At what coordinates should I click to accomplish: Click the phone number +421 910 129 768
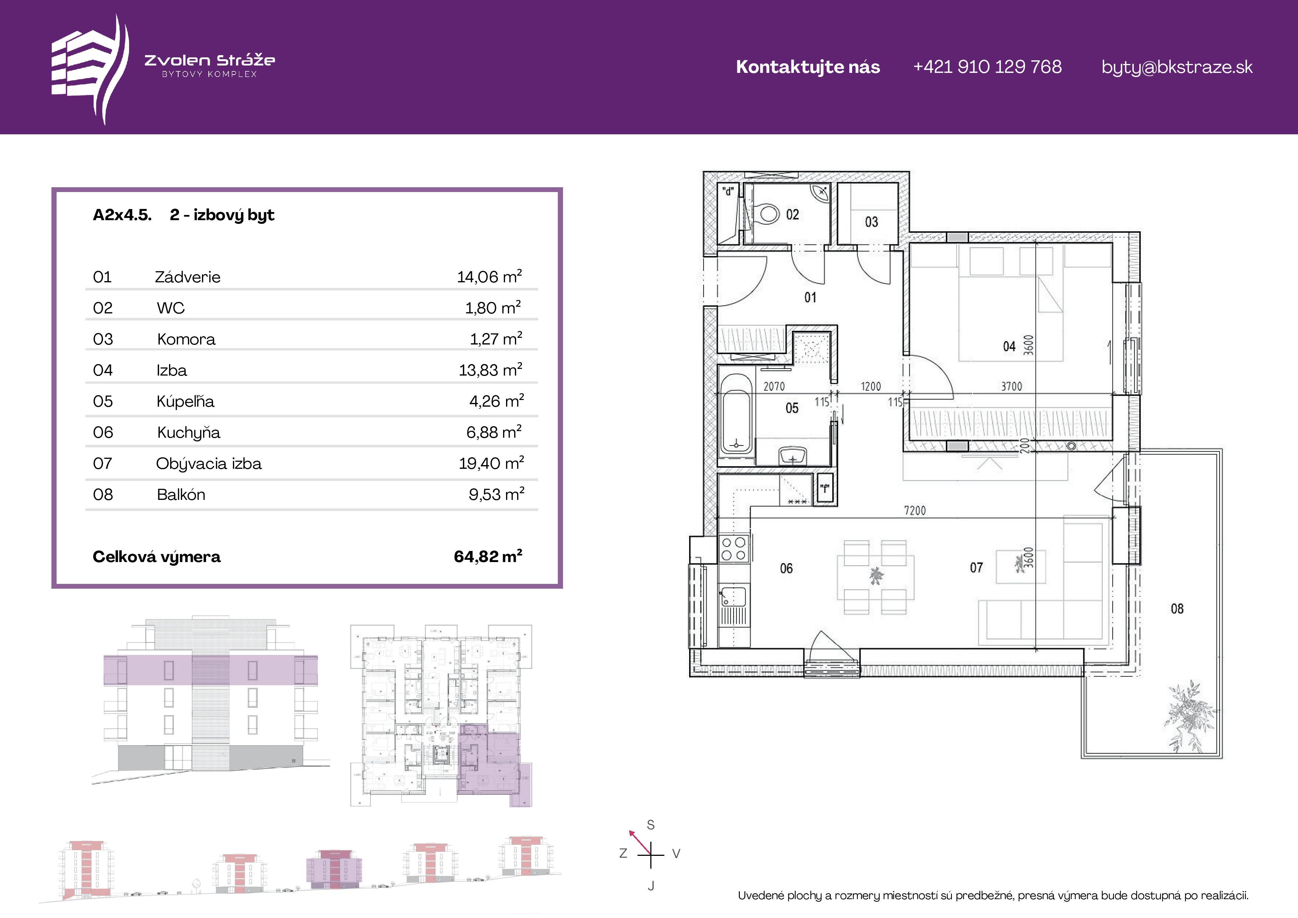987,67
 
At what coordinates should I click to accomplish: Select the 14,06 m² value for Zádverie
489,277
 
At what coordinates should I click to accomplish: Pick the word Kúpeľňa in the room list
185,401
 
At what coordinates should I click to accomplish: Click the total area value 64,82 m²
488,556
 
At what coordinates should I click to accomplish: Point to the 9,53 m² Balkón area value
496,494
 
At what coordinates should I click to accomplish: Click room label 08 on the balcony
1177,609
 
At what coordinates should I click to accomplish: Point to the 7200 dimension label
915,511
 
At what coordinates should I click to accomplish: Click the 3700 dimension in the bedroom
1011,386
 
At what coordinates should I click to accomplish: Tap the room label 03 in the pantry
871,222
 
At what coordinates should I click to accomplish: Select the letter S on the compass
651,825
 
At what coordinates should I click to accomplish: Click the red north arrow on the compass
640,842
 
